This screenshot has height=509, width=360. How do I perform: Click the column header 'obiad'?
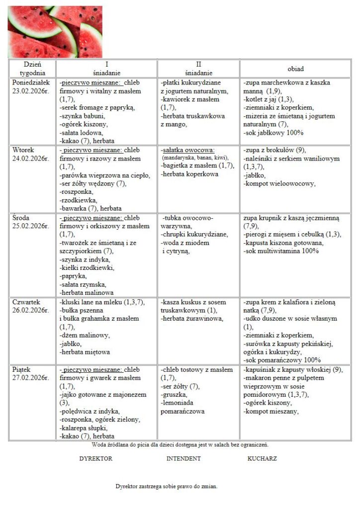pos(295,69)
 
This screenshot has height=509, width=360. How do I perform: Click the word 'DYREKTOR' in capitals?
pos(95,458)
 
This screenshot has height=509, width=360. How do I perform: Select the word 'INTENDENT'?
pos(183,458)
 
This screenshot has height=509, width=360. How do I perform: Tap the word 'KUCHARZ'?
pos(262,458)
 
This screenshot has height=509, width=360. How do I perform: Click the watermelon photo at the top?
pos(55,31)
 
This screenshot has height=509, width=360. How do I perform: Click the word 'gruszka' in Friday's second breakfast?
pos(173,395)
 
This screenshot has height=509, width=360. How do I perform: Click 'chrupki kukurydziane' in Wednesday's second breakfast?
pos(194,235)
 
